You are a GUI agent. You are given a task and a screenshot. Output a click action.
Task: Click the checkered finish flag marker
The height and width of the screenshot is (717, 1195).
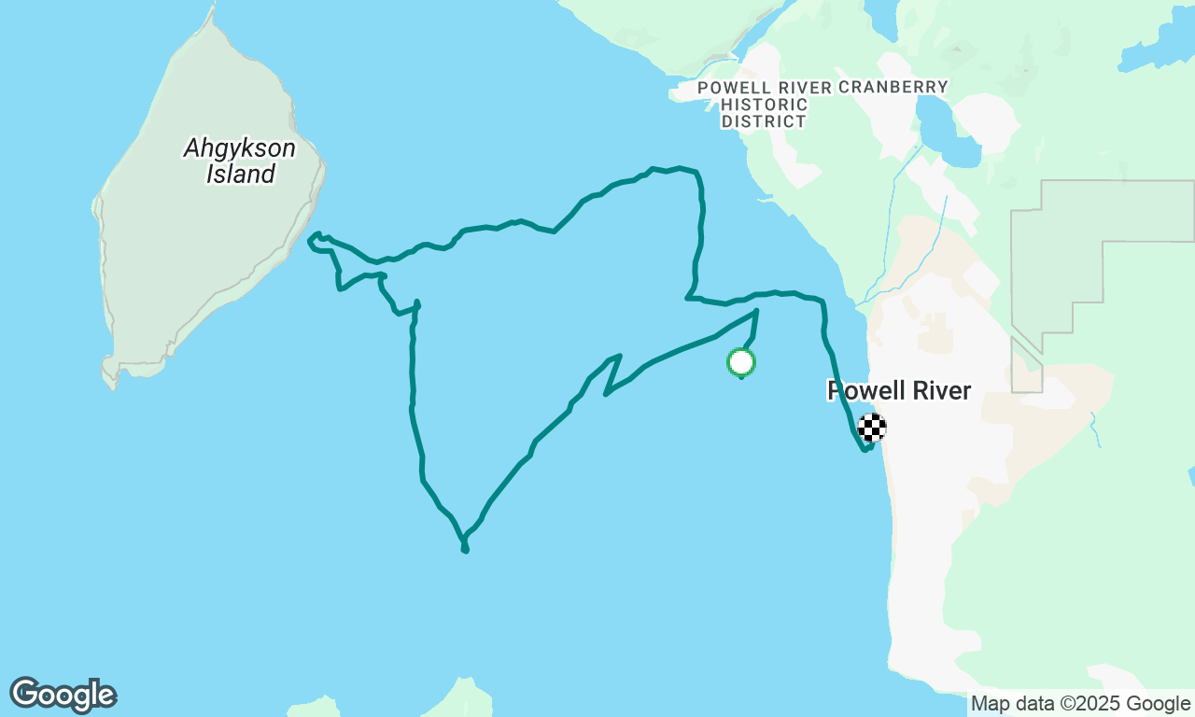coord(871,428)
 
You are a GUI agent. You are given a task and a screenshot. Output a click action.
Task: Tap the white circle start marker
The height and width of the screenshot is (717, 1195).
coord(740,361)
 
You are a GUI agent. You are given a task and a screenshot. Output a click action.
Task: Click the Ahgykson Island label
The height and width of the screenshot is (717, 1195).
coord(241,161)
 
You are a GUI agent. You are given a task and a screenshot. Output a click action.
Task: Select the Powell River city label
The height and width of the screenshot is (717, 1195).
coord(899,390)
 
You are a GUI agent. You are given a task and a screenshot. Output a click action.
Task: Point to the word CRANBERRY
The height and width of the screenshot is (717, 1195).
coord(893,87)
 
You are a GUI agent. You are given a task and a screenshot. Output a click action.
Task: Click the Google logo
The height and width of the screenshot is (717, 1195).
coord(63,695)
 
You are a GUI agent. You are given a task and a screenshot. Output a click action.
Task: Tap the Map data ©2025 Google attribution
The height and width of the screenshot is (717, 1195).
coord(1080,704)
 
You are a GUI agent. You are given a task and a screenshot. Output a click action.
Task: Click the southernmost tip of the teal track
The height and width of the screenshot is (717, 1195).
coord(465,550)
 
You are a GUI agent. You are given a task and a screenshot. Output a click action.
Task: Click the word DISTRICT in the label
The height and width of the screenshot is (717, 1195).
coord(764,121)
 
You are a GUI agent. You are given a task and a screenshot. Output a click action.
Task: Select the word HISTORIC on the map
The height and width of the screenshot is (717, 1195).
coord(765,105)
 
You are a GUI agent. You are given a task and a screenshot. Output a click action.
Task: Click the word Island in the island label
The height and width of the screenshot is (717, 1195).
coord(241,174)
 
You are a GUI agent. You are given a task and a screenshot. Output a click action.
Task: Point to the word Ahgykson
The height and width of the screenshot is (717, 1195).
coord(240,148)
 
